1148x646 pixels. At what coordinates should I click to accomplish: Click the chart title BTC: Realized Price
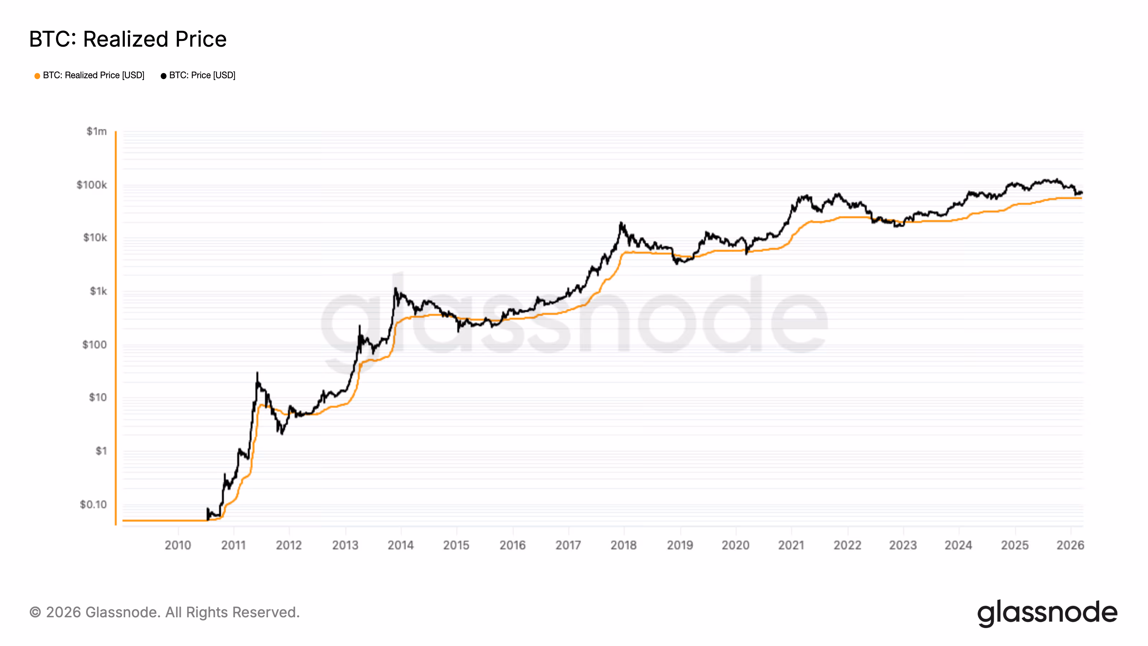(128, 39)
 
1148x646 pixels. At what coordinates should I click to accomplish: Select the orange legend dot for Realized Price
(37, 76)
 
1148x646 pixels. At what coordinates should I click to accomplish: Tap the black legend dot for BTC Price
(164, 76)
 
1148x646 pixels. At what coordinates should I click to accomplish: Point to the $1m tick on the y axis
(97, 131)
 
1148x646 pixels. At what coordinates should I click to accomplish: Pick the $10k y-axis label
(95, 238)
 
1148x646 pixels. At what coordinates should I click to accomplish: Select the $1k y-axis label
(98, 291)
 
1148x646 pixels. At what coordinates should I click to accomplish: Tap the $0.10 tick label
(93, 504)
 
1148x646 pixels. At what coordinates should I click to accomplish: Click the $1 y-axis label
(101, 451)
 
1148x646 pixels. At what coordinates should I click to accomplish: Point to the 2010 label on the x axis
(178, 545)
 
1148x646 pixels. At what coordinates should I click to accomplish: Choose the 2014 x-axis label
(401, 545)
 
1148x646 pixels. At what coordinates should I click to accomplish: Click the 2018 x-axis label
(624, 545)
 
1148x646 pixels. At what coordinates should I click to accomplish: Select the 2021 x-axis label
(791, 545)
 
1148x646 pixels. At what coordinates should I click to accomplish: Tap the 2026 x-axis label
(1070, 545)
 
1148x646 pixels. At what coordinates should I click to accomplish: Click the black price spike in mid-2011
(257, 373)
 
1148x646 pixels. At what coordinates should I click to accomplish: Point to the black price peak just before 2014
(395, 289)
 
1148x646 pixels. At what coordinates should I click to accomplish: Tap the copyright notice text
(164, 612)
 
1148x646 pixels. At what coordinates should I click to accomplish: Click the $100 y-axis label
(94, 345)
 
